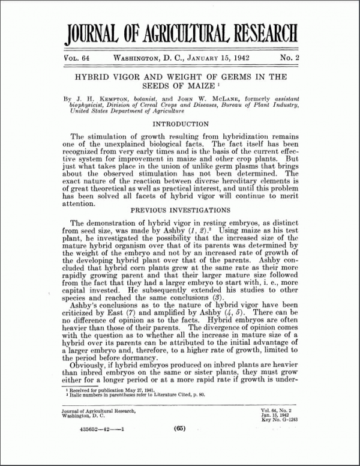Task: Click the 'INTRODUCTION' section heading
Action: [179, 124]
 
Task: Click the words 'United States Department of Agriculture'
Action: [118, 111]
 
